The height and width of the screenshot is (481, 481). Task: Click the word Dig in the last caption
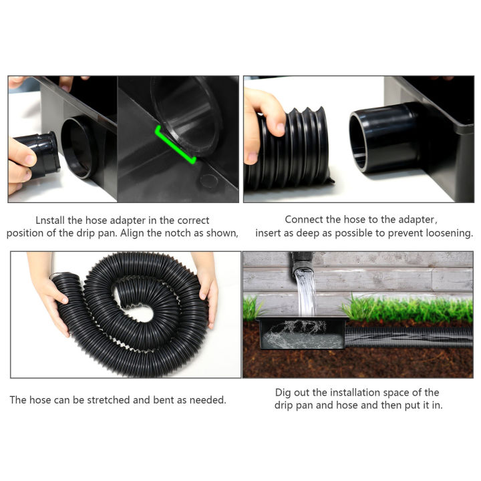tap(283, 392)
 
